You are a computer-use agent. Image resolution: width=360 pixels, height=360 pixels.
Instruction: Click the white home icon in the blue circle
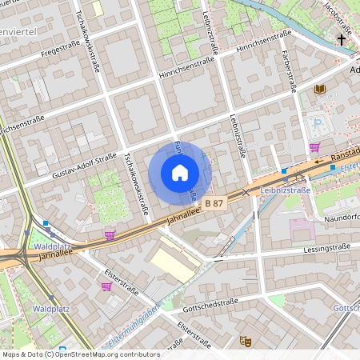pyautogui.click(x=180, y=173)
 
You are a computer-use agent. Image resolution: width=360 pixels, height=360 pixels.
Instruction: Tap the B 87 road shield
pyautogui.click(x=214, y=204)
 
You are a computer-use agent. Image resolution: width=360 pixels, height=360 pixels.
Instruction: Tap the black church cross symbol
pyautogui.click(x=342, y=38)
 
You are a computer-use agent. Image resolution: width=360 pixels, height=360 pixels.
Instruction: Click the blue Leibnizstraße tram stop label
pyautogui.click(x=285, y=190)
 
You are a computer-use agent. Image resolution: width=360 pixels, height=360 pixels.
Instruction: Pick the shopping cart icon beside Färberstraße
pyautogui.click(x=314, y=147)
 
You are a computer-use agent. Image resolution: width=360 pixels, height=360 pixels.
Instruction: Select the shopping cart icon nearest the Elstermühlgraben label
pyautogui.click(x=106, y=286)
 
